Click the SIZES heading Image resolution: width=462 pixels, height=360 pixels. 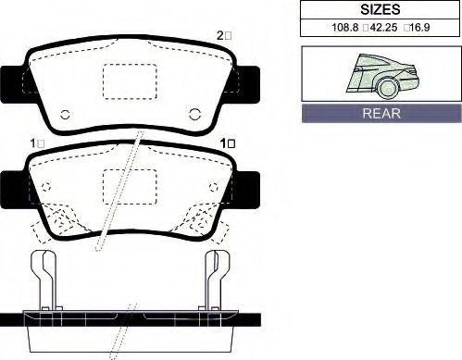coord(381,9)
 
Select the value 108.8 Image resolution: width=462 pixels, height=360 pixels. coord(344,28)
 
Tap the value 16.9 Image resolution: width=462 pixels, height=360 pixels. coord(420,28)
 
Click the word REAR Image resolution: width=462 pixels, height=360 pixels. coord(381,113)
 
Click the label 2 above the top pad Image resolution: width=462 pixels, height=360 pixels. coord(220,36)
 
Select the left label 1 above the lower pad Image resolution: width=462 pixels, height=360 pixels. coord(33,143)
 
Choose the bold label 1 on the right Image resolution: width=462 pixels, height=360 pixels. coord(223,143)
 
